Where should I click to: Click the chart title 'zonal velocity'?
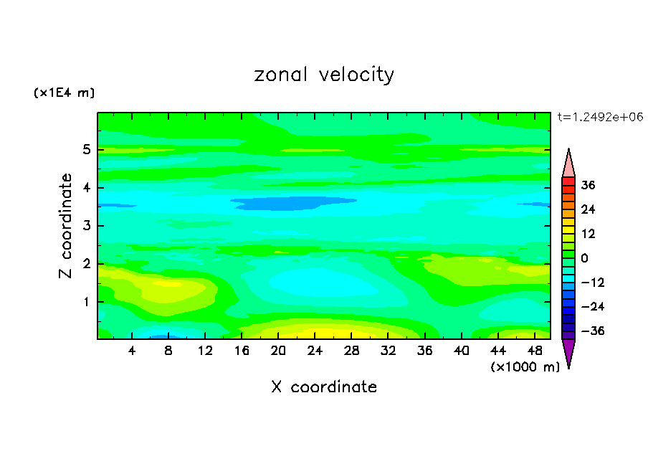(324, 75)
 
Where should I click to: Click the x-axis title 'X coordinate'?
(324, 387)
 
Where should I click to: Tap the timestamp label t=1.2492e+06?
(601, 117)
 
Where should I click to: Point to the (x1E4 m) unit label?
(64, 93)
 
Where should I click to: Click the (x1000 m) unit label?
(525, 367)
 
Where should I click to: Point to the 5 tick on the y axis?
(86, 150)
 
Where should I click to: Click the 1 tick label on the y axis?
(86, 302)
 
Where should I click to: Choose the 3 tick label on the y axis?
(86, 226)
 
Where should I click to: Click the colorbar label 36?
(588, 185)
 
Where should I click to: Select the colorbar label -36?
(588, 331)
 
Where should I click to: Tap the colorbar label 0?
(585, 258)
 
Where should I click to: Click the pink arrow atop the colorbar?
(568, 164)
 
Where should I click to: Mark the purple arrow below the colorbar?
(568, 353)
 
